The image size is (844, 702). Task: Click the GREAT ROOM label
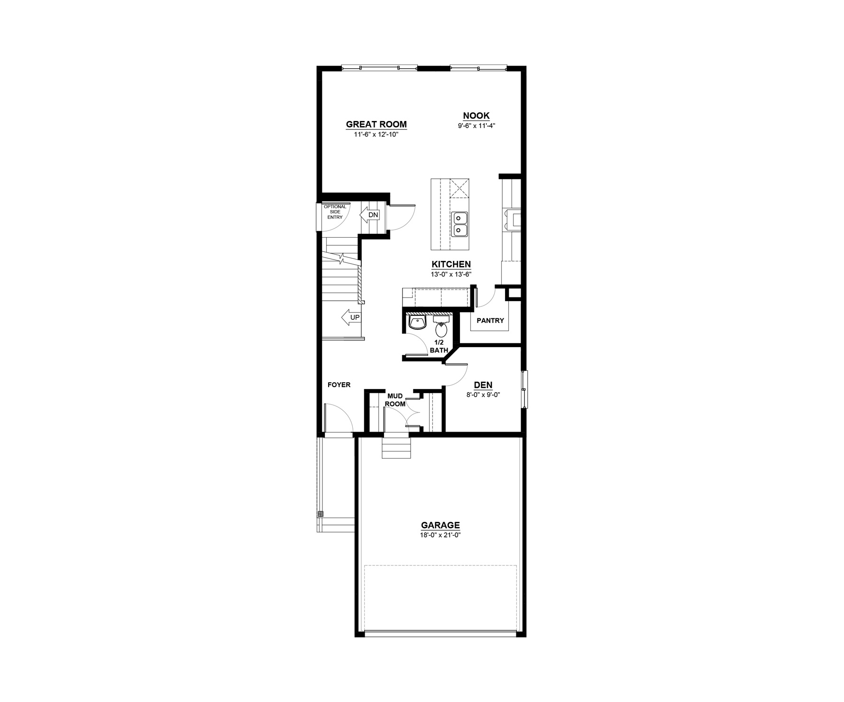(x=376, y=125)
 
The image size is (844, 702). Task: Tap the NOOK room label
(x=476, y=116)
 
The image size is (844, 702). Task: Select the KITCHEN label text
(x=451, y=265)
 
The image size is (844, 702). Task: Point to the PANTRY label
(x=490, y=321)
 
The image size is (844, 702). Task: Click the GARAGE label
(x=440, y=525)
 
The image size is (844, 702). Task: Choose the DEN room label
(x=483, y=385)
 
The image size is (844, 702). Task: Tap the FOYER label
(x=339, y=385)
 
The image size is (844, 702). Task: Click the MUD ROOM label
(x=395, y=400)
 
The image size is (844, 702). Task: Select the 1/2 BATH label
(x=439, y=346)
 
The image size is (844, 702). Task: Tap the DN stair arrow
(x=370, y=215)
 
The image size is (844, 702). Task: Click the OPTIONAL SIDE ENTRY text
(x=335, y=212)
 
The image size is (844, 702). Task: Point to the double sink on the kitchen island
(x=460, y=224)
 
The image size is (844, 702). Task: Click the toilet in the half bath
(x=441, y=326)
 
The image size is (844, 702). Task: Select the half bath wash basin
(x=417, y=322)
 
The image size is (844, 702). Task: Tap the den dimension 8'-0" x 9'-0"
(x=483, y=394)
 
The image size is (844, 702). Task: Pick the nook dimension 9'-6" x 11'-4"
(x=477, y=126)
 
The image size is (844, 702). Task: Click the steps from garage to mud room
(x=396, y=447)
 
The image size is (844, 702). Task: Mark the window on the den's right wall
(x=524, y=389)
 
